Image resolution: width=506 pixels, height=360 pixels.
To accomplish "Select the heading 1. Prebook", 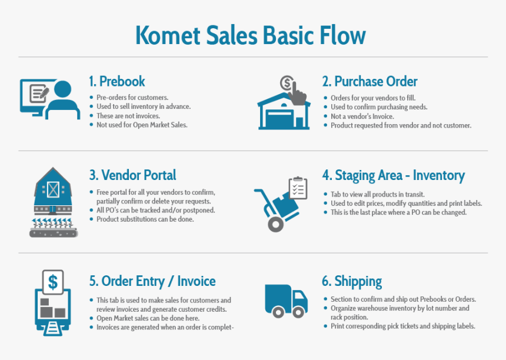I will coord(117,81).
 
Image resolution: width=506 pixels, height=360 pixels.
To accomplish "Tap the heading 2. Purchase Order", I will coord(369,81).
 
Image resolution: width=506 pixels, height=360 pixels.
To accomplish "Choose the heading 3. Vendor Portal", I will coord(132,175).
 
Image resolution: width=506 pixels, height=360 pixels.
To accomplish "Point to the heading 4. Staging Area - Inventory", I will coord(393,175).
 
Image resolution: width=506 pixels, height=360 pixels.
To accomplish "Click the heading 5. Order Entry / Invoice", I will coord(152,281).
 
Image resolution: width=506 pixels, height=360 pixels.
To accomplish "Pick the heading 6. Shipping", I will coord(352,281).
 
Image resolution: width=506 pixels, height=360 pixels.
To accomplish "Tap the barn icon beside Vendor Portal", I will coord(54,191).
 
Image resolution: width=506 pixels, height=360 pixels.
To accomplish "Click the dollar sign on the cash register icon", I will coord(54,282).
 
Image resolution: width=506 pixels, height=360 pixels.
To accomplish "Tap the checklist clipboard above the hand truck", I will coord(298,188).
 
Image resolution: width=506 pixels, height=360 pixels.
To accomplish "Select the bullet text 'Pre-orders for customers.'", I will coord(132,97).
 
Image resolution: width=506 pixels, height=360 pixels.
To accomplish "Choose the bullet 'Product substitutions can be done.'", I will coord(145,219).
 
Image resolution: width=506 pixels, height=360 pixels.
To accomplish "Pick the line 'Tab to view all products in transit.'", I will coord(378,194).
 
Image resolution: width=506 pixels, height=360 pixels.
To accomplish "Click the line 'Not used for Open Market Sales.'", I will coord(142,125).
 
